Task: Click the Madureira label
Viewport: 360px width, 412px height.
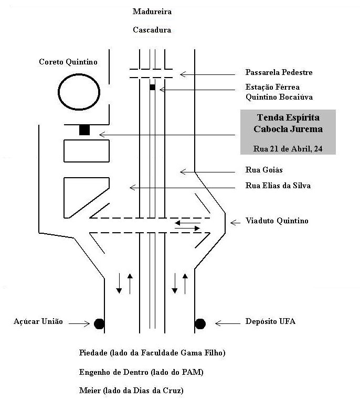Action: (152, 11)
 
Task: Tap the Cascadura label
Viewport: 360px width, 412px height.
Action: (152, 30)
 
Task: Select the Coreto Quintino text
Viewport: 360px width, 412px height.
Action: (68, 62)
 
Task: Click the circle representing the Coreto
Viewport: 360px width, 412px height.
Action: (79, 93)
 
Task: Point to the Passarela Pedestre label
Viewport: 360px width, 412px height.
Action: (279, 72)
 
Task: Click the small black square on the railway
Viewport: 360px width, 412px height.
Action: (153, 87)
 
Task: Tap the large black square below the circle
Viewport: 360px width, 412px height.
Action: (84, 130)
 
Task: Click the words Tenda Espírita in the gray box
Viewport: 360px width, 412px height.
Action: (288, 118)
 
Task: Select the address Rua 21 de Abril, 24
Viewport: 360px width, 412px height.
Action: (288, 149)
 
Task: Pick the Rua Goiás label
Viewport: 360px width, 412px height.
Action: (264, 170)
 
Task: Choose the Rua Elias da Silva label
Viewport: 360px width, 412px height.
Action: (278, 186)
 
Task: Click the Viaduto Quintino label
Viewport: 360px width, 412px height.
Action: (277, 221)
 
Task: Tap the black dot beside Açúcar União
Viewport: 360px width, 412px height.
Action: (99, 323)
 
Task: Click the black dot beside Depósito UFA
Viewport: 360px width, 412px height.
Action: (200, 323)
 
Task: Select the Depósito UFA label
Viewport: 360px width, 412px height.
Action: (270, 321)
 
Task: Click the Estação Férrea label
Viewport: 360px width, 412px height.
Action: (273, 87)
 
